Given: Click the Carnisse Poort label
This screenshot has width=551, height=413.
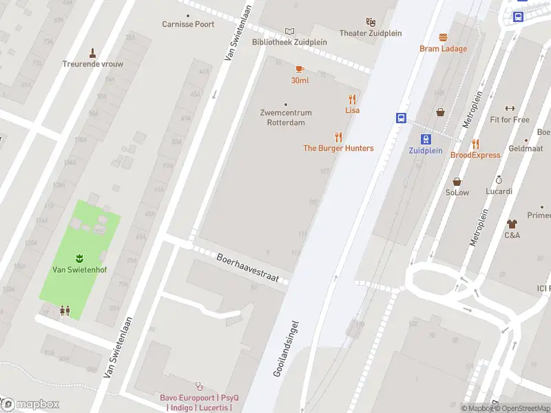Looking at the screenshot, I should point(188,24).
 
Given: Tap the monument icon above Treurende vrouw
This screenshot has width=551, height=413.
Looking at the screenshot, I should point(93,52).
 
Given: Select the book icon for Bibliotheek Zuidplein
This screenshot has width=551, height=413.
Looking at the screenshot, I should point(289,31).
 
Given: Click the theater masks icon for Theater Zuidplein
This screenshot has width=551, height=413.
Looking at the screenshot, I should point(371,22).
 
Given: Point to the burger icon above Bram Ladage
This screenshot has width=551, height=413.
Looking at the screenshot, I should point(443,37).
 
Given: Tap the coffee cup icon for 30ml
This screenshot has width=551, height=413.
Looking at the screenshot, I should point(300,69).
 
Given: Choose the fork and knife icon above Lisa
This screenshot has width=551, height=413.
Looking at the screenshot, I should point(353,98).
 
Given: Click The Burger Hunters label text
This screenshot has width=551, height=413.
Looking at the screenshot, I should point(338,148).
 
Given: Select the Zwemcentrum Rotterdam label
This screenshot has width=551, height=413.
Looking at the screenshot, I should point(286,118).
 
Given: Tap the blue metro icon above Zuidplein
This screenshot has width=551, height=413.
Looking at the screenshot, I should point(426,138).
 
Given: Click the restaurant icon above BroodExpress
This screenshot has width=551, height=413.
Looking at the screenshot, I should point(475,143).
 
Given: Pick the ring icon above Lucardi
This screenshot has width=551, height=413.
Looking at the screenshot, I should point(499,180).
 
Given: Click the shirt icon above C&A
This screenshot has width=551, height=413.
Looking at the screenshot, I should point(512,224).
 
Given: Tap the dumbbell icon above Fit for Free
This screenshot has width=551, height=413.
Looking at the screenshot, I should point(510,108).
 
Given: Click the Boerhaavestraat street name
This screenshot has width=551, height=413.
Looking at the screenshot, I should point(247,268).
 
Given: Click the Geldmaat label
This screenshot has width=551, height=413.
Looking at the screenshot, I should point(525,148).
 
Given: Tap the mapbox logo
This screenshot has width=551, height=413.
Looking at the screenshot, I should point(30,404).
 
